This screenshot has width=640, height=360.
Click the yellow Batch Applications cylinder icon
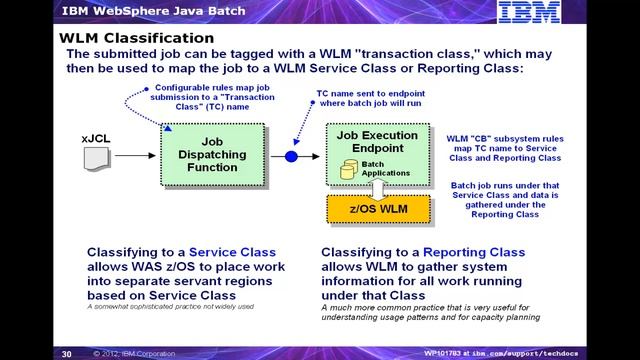click(348, 170)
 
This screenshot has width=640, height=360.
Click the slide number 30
click(67, 353)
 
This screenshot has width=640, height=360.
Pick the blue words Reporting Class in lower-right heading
click(475, 253)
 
